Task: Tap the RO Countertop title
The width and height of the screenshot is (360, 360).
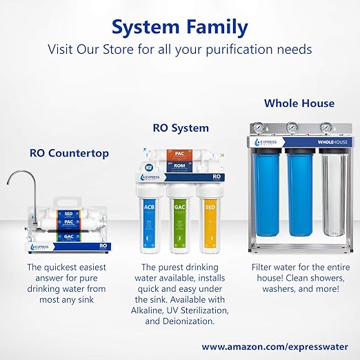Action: [69, 153]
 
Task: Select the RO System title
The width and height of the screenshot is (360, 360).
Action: [180, 128]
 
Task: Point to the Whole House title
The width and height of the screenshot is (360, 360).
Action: [299, 103]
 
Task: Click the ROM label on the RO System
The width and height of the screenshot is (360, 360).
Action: [178, 166]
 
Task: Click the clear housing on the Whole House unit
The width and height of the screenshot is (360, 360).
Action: [334, 200]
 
